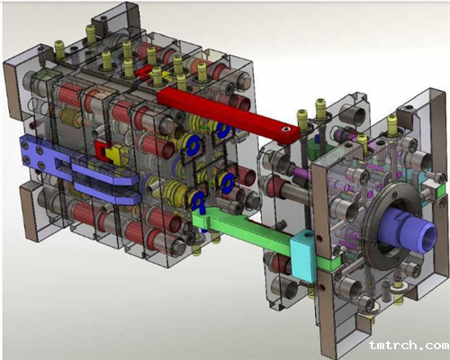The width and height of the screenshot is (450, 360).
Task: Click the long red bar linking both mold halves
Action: click(228, 114)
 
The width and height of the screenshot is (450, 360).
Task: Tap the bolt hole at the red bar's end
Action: click(284, 130)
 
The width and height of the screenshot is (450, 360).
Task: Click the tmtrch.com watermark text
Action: click(409, 345)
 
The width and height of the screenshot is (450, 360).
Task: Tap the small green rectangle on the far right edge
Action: click(440, 191)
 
